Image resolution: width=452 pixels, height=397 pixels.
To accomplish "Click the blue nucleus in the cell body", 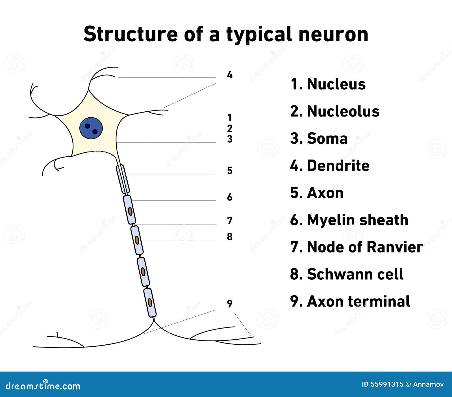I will pyautogui.click(x=90, y=128).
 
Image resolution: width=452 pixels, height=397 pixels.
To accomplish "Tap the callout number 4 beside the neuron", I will pyautogui.click(x=230, y=75).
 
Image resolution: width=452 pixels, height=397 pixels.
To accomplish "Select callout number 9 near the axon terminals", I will pyautogui.click(x=230, y=304).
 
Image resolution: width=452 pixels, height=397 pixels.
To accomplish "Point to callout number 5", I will pyautogui.click(x=230, y=171).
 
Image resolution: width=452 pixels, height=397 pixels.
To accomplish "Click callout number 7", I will pyautogui.click(x=230, y=221).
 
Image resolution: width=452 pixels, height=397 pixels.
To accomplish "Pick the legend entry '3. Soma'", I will pyautogui.click(x=319, y=139).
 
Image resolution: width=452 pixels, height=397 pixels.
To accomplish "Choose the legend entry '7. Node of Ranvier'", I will pyautogui.click(x=356, y=247).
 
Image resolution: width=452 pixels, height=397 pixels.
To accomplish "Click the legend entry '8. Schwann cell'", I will pyautogui.click(x=347, y=274).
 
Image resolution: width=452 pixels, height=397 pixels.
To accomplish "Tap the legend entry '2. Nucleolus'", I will pyautogui.click(x=335, y=111).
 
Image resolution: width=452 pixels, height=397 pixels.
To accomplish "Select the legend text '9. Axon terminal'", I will pyautogui.click(x=350, y=301).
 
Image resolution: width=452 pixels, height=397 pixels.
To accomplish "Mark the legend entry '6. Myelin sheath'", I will pyautogui.click(x=349, y=220).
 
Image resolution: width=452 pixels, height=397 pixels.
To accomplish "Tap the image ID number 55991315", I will pyautogui.click(x=387, y=384).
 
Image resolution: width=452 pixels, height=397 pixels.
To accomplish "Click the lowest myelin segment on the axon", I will pyautogui.click(x=150, y=302).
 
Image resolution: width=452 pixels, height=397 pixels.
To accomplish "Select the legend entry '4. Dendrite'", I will pyautogui.click(x=330, y=166).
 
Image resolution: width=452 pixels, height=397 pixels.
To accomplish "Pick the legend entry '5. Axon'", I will pyautogui.click(x=317, y=193).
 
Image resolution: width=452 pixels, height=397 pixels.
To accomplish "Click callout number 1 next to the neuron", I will pyautogui.click(x=230, y=117).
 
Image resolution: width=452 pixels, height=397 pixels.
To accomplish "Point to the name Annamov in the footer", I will pyautogui.click(x=428, y=384).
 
